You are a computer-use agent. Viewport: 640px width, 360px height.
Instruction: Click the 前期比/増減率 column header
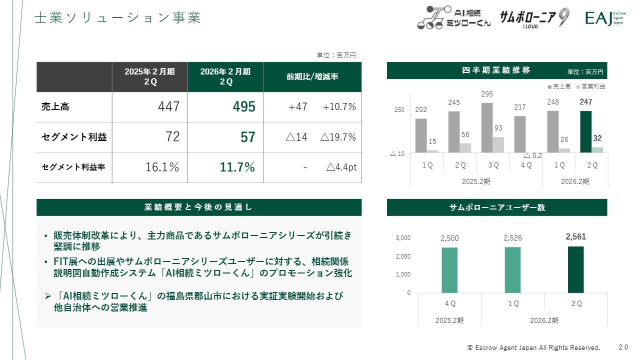pyautogui.click(x=312, y=77)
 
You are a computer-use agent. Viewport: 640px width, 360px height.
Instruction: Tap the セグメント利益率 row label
pyautogui.click(x=73, y=167)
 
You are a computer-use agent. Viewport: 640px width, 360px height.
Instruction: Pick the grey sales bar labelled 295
pyautogui.click(x=487, y=127)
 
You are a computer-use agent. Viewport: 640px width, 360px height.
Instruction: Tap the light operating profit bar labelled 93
pyautogui.click(x=498, y=144)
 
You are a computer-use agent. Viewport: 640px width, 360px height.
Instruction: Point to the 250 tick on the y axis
pyautogui.click(x=399, y=110)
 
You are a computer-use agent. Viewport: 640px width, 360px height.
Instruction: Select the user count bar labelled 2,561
pyautogui.click(x=575, y=269)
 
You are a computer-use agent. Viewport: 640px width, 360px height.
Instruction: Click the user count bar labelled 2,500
pyautogui.click(x=449, y=270)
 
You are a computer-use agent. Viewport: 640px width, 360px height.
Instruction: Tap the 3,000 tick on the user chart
pyautogui.click(x=403, y=238)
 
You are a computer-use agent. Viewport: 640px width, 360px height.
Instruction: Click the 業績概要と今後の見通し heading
pyautogui.click(x=198, y=207)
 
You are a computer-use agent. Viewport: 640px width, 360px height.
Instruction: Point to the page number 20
pyautogui.click(x=623, y=347)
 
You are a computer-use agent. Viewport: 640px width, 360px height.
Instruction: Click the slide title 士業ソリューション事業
pyautogui.click(x=117, y=18)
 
